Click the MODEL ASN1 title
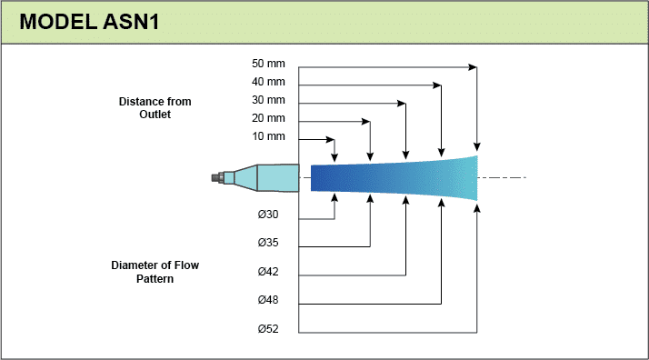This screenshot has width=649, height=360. pos(89,22)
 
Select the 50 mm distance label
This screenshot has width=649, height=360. pos(268,64)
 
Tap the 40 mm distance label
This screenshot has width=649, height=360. pos(268,82)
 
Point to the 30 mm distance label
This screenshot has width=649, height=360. pos(268,100)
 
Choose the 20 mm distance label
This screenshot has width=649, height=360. pos(268,118)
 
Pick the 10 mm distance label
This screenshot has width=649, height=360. pos(268,136)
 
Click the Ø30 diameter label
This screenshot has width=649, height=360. pos(268,215)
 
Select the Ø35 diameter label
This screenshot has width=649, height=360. pos(268,243)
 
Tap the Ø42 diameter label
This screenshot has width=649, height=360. pos(268,272)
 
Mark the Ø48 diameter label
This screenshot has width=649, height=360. pos(268,300)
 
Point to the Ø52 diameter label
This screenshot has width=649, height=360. pos(268,329)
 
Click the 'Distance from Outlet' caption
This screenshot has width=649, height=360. pos(155,108)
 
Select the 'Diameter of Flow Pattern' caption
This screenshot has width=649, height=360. pos(155,272)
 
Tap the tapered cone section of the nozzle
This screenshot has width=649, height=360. pos(245,178)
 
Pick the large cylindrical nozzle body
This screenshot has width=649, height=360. pos(278,178)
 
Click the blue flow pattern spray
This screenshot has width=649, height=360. pos(394,178)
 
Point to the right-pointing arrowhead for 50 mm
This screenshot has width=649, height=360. pos(473,67)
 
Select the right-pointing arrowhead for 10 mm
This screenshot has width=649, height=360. pos(330,139)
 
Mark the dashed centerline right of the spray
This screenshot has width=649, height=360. pos(502,178)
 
